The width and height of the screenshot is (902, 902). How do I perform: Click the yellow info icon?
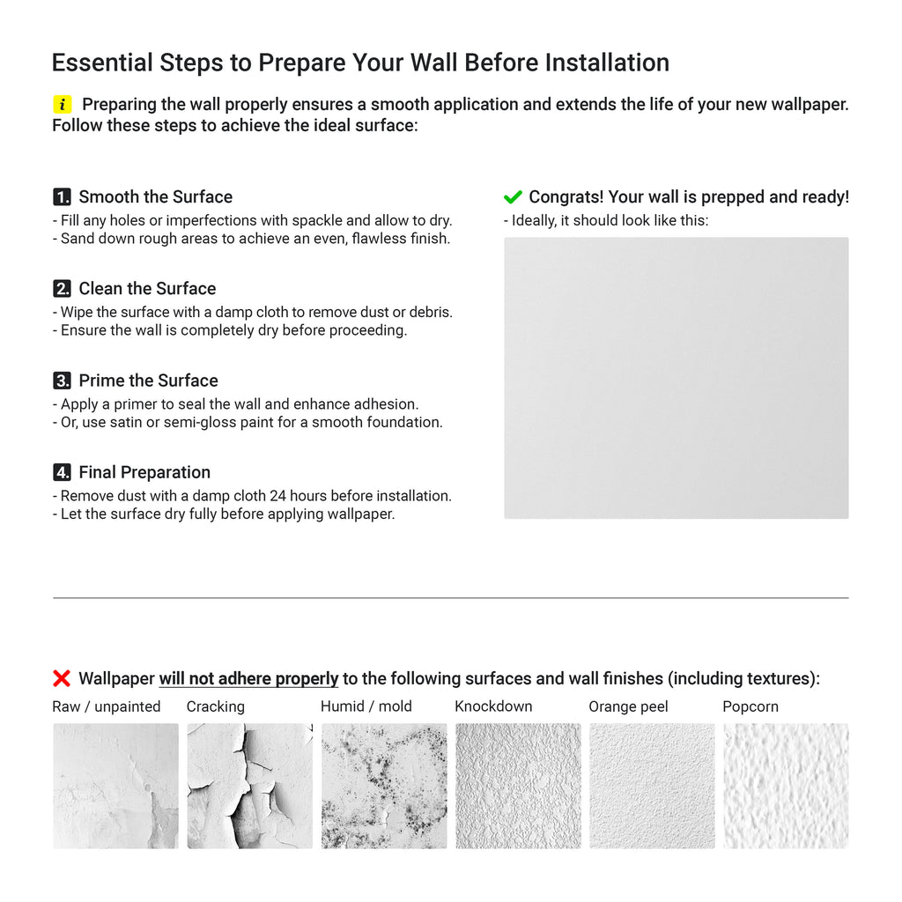point(62,105)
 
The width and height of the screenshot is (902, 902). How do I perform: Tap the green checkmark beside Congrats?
point(513,197)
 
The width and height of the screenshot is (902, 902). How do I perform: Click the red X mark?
point(62,678)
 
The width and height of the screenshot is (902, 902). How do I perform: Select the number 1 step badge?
point(62,197)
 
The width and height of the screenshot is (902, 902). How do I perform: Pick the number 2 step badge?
point(62,289)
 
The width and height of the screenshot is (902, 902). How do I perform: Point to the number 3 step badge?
point(62,381)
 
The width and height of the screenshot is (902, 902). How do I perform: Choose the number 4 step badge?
point(62,473)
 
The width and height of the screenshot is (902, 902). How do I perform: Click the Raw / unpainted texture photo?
point(115,786)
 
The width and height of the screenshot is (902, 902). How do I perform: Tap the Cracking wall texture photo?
point(249,786)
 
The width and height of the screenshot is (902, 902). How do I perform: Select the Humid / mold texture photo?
point(383,786)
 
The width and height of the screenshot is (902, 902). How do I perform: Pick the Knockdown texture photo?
point(518,786)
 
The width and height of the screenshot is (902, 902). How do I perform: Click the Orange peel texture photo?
point(652,786)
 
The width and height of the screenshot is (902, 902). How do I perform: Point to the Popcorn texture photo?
point(786,786)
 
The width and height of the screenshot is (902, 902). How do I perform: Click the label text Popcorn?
point(750,706)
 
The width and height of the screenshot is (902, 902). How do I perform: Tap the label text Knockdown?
point(493,706)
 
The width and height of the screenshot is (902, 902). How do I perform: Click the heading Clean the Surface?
point(147,289)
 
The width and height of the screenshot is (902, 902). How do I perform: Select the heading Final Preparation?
point(144,473)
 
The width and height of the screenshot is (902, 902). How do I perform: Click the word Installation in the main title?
point(607,63)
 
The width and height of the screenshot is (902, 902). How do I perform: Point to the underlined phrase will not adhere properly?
point(248,679)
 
